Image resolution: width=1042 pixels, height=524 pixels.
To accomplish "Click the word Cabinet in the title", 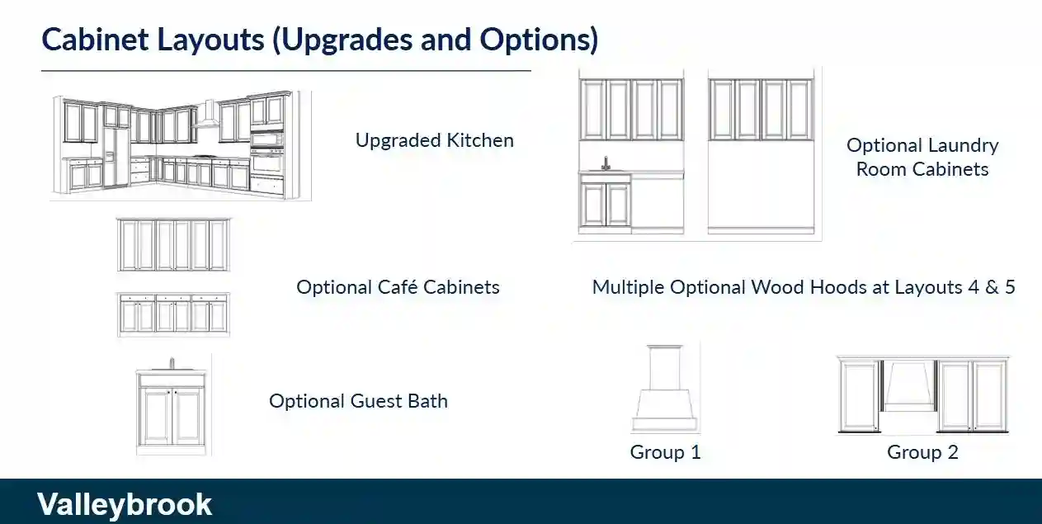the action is pos(96,40).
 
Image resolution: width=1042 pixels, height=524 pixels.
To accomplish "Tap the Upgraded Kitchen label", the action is pos(435,140).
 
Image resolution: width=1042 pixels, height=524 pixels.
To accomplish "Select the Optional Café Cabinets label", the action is pos(398,287).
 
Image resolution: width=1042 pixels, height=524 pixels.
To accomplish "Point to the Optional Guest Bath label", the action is pos(358,401).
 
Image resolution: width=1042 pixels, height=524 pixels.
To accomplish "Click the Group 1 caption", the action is pos(665,452).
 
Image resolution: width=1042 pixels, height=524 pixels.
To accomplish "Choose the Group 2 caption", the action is pos(923,452).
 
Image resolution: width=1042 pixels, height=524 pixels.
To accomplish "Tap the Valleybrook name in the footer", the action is pos(125,504).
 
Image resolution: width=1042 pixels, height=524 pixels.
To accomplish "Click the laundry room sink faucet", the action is pos(606,163).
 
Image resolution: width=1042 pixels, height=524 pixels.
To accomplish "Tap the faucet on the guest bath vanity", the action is pos(172,363).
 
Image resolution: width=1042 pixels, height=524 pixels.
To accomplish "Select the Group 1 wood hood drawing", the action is pos(665,388).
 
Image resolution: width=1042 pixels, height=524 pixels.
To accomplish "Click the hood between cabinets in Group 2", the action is pos(909,387).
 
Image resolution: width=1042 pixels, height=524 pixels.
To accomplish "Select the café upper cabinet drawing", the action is pos(173,245).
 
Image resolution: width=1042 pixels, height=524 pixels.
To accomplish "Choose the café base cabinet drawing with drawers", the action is pos(173,314).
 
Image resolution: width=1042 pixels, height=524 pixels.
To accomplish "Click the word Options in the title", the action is pos(539,40).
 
